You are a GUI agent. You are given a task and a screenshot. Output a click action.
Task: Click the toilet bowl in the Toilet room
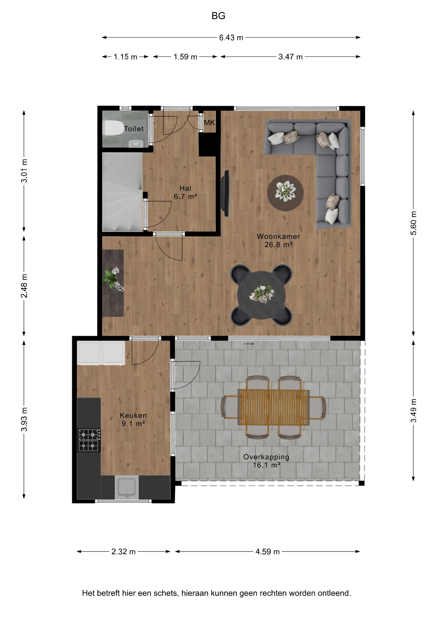113,128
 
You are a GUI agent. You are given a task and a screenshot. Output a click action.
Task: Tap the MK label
209,123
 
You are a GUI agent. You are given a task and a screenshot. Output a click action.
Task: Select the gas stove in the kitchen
89,440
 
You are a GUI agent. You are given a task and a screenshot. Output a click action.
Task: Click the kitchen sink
126,487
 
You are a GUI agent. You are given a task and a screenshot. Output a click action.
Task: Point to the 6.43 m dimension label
231,38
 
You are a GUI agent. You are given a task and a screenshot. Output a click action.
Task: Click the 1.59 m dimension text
185,57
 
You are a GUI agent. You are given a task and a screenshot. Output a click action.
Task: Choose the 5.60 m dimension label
414,223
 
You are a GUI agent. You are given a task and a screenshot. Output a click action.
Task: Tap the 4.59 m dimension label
267,552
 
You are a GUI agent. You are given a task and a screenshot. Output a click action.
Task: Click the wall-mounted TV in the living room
227,193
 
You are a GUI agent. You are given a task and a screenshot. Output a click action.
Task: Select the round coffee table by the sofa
285,193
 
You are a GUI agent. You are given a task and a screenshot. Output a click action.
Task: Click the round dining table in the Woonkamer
261,295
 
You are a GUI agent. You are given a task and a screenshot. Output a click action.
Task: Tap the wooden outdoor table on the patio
274,407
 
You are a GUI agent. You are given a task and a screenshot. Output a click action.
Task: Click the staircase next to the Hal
122,192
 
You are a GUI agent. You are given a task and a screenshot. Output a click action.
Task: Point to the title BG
218,16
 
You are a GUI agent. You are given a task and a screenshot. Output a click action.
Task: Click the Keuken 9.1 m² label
133,419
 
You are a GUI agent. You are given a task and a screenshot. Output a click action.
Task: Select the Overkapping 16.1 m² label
266,461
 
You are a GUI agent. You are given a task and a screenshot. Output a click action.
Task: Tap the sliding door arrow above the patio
249,344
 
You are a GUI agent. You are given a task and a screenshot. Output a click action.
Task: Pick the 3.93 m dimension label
24,419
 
